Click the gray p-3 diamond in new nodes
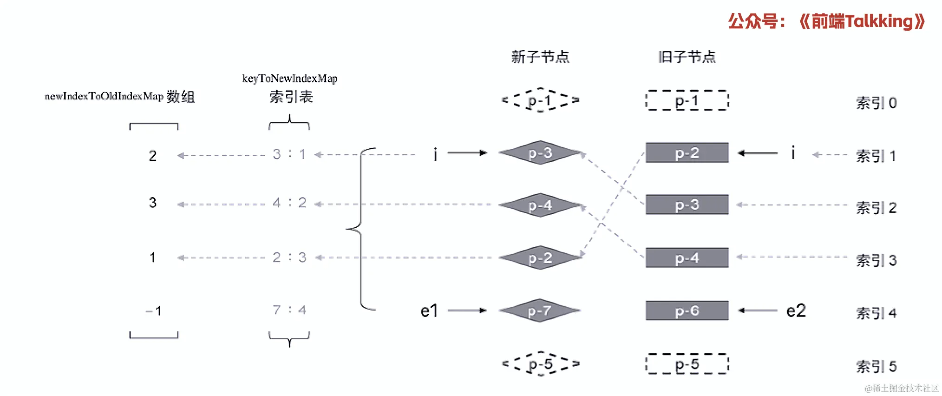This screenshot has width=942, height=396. (x=540, y=152)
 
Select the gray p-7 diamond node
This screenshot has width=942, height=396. (x=540, y=310)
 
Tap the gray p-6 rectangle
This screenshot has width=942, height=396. (x=687, y=310)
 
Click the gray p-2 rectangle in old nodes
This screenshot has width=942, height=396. (x=687, y=152)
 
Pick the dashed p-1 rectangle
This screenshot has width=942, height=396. (x=687, y=100)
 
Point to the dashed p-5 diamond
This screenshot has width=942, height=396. (x=540, y=364)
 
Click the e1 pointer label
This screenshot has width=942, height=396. (x=428, y=310)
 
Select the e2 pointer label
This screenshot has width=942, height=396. (x=796, y=310)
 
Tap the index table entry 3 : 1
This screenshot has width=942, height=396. (x=289, y=154)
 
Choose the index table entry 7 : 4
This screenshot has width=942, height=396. (x=289, y=310)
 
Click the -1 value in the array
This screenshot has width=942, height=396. (x=153, y=310)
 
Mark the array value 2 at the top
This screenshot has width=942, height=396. (x=153, y=156)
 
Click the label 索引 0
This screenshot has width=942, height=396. (x=876, y=103)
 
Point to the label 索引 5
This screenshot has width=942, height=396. (x=876, y=366)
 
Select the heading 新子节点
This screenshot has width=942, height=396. (x=540, y=57)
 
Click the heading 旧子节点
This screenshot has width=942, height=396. (x=687, y=57)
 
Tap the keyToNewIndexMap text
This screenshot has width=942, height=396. (x=290, y=78)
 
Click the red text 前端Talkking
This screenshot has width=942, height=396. (x=862, y=21)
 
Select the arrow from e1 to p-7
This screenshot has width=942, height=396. (x=466, y=310)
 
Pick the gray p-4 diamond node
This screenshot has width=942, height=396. (x=540, y=205)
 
